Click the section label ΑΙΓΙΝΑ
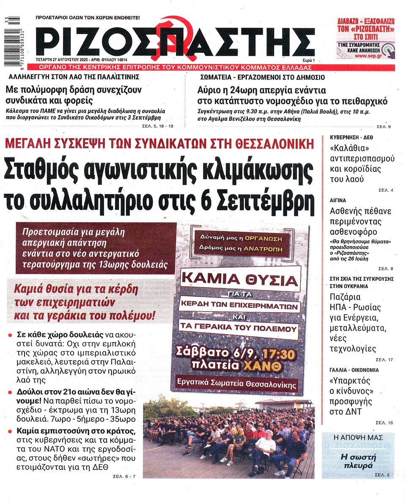(338, 201)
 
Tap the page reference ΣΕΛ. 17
(384, 359)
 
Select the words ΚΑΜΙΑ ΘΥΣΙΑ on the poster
(240, 281)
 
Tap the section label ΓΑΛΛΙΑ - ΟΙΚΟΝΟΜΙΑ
(354, 370)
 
